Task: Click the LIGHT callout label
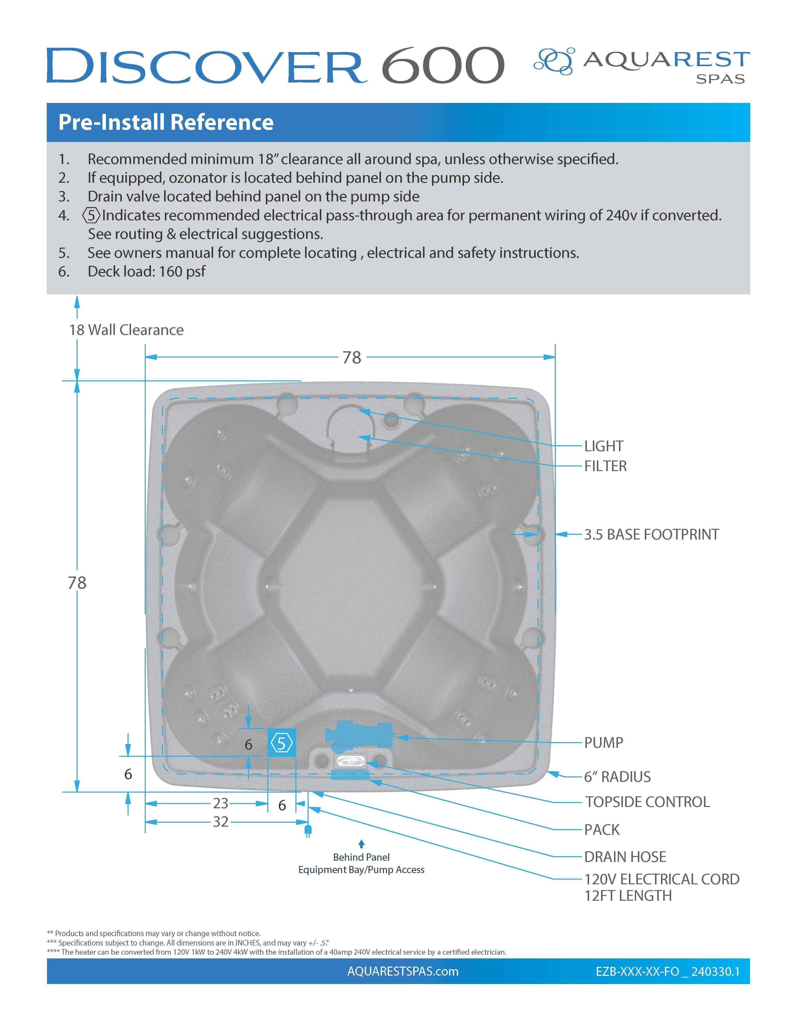(604, 446)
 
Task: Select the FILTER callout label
(605, 466)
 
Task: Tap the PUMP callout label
(604, 743)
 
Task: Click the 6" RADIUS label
(617, 777)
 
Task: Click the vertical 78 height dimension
(77, 583)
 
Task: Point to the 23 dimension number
(221, 803)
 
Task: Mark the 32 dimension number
(221, 822)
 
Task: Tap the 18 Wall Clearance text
(126, 330)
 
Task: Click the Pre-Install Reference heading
(166, 122)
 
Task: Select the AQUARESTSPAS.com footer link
(403, 971)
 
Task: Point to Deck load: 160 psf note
(146, 271)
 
